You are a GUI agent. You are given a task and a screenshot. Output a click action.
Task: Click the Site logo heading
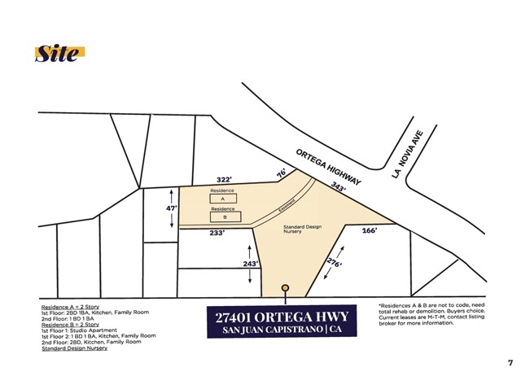[59, 54]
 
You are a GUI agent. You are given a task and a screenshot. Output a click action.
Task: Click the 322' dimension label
[225, 179]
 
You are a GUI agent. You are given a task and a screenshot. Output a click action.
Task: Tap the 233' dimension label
[217, 233]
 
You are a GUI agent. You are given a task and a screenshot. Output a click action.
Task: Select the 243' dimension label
[251, 264]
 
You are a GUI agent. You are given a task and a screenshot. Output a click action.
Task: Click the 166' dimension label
[369, 231]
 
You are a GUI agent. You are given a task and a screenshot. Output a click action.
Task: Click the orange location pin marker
[285, 288]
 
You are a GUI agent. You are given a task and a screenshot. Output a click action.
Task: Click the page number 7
[510, 362]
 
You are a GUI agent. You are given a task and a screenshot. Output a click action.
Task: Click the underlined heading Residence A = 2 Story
[70, 306]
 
